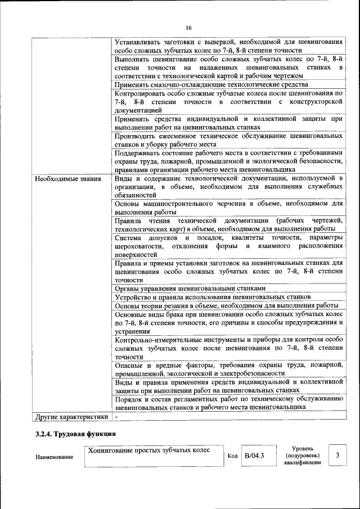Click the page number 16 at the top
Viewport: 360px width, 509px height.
[x=188, y=28]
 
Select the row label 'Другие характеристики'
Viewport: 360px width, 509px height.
[x=71, y=417]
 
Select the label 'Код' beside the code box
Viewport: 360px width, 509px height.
[x=232, y=456]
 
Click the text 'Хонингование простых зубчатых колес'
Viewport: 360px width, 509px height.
[x=148, y=450]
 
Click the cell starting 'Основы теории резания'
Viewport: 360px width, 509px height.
[x=226, y=305]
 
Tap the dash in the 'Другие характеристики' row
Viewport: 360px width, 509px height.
[x=117, y=417]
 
